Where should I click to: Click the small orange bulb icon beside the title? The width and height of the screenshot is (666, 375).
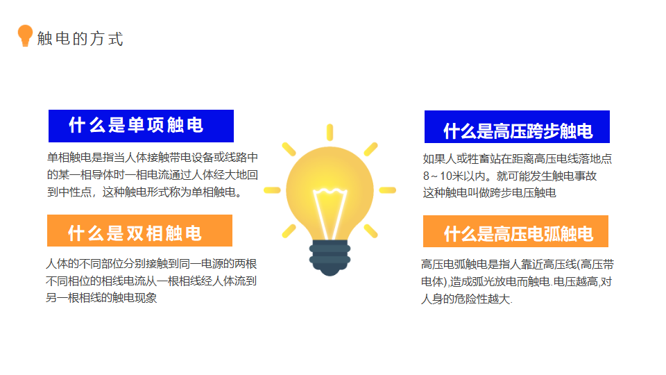tap(25, 35)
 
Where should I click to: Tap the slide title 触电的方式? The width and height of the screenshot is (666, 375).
tap(80, 39)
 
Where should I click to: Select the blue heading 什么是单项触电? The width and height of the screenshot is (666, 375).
tap(136, 126)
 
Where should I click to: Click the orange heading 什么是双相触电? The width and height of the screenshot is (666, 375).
tap(135, 233)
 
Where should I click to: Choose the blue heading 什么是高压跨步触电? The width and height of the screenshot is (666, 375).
tap(518, 131)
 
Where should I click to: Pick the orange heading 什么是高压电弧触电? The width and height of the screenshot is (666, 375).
tap(518, 234)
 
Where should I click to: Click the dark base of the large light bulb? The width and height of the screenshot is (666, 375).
tap(330, 258)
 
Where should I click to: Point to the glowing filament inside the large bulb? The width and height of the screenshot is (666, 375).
tap(330, 213)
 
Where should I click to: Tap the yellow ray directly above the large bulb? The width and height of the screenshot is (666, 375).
tap(330, 132)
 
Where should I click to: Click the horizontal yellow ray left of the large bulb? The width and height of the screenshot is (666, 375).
tap(272, 190)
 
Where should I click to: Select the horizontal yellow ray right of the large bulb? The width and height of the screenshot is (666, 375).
tap(387, 190)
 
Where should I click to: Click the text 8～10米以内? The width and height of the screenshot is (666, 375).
tap(454, 176)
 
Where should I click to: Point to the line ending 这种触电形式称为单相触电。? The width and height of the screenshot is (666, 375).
tap(146, 192)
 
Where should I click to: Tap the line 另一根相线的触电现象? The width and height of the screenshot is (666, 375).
tap(101, 298)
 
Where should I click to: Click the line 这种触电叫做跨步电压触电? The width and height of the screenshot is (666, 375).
tap(489, 193)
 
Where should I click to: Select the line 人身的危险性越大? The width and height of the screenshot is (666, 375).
tap(467, 299)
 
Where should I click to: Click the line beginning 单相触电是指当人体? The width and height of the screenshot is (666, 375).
tap(153, 158)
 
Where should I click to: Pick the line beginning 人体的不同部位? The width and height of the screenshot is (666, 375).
tap(151, 264)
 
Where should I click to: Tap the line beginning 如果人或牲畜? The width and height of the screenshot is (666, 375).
tap(518, 159)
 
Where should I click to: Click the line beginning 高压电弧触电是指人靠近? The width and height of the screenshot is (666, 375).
tap(518, 265)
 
